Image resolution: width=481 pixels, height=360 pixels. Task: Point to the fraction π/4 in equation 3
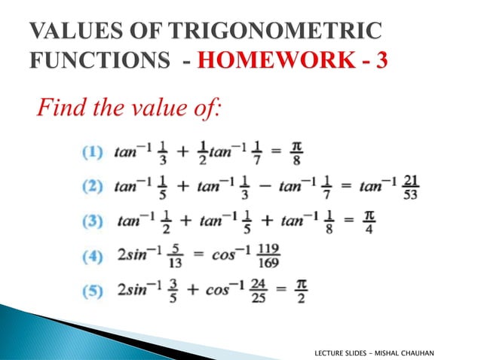pos(369,221)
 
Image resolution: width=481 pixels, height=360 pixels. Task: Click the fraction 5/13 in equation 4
pos(175,257)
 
